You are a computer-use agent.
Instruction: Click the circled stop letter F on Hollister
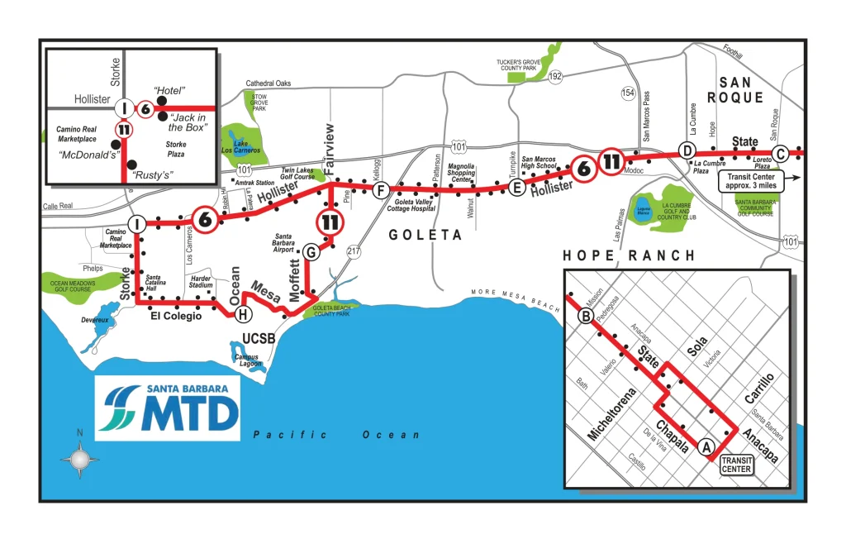[380, 191]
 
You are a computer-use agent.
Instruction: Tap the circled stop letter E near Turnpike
[517, 188]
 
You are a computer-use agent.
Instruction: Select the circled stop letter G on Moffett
[311, 251]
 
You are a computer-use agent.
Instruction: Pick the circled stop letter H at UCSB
[242, 314]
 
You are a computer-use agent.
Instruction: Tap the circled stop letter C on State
[780, 151]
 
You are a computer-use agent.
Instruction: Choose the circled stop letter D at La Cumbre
[686, 150]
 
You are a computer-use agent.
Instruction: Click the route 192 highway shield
[555, 76]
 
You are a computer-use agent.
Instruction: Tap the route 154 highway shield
[630, 93]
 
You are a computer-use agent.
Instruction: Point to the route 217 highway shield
[354, 250]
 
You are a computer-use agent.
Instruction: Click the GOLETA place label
[425, 236]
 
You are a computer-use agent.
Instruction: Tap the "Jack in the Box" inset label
[188, 122]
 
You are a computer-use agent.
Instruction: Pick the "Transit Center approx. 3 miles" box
[752, 180]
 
